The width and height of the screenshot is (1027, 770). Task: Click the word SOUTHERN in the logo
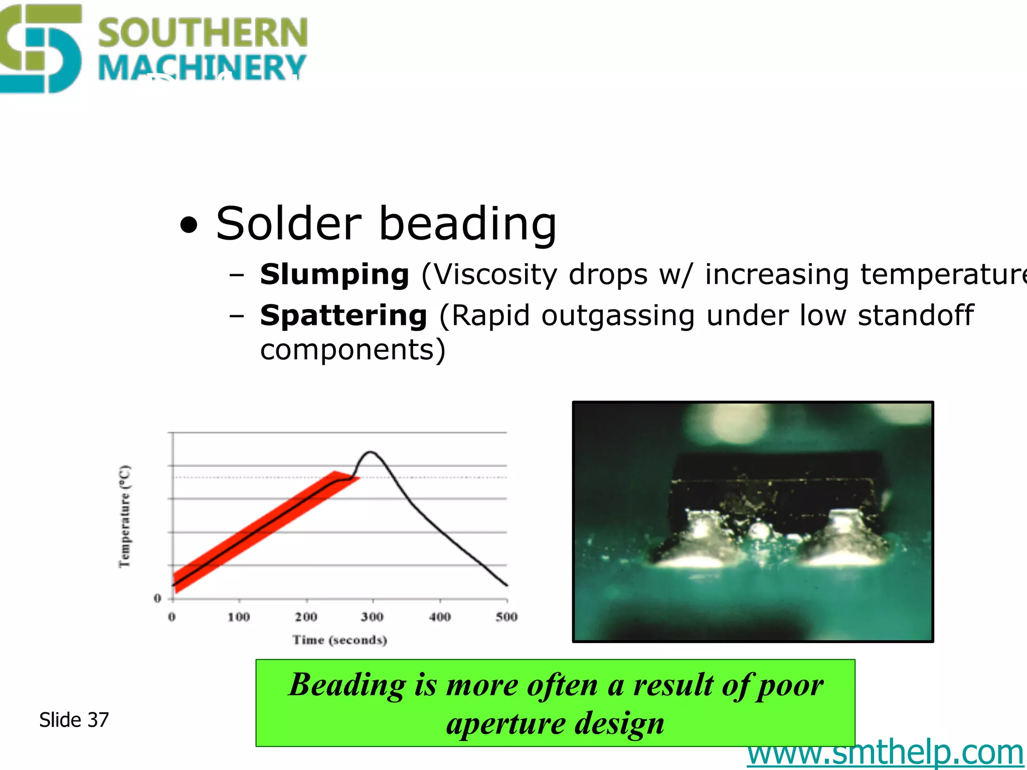click(x=203, y=32)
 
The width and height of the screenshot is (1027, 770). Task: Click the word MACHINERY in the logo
click(x=203, y=67)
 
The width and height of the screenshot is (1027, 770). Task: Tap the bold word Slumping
click(x=334, y=275)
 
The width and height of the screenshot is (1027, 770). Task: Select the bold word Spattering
click(x=344, y=316)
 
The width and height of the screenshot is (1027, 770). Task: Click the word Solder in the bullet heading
click(x=288, y=224)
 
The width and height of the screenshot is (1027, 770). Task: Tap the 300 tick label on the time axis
click(x=372, y=617)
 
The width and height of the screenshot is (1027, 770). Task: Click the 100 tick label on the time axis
click(x=239, y=617)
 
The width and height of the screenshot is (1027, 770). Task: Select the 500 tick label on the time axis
click(x=506, y=617)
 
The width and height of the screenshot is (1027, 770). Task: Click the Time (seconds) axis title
click(x=340, y=640)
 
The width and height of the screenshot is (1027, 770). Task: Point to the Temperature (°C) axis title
click(x=124, y=516)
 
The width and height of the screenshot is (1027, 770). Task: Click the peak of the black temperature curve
click(x=370, y=452)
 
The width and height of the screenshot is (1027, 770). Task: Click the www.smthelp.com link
click(x=885, y=753)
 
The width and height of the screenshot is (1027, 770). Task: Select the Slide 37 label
click(x=74, y=720)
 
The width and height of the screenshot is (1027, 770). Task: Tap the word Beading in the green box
click(x=347, y=685)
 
